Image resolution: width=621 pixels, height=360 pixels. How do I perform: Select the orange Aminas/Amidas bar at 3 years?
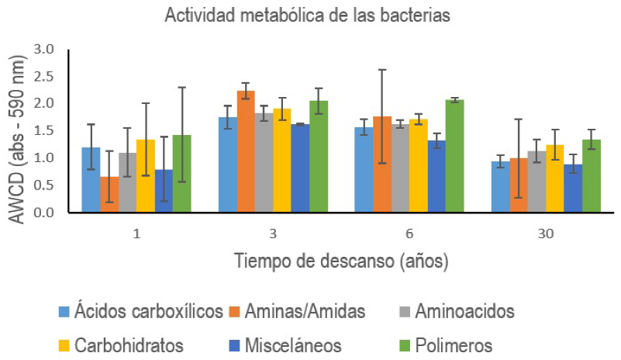(245, 151)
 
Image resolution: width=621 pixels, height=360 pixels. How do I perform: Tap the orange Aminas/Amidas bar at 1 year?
(109, 194)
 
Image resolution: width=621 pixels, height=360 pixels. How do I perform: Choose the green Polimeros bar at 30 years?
(591, 175)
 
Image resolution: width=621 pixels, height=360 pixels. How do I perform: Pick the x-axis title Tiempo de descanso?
(341, 261)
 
